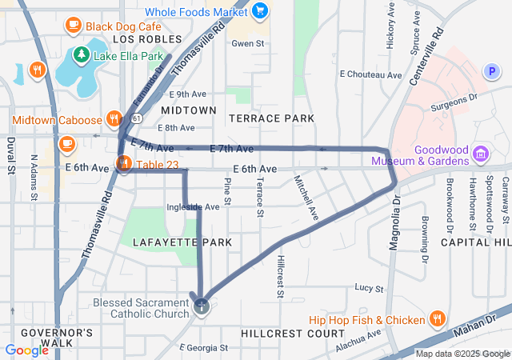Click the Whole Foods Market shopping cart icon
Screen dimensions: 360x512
pos(260,10)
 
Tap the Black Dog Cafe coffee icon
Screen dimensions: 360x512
pos(74,25)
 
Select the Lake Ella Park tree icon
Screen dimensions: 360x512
pos(80,55)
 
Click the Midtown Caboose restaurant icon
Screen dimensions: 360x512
pos(114,120)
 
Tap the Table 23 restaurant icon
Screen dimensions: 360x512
pos(124,165)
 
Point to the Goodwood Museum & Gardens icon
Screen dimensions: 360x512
pos(481,153)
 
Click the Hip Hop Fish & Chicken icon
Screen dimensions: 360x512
pos(437,320)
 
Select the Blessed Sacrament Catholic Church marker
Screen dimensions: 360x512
pos(202,306)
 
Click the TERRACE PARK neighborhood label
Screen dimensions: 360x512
pos(271,118)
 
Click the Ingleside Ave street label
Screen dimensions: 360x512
pos(192,207)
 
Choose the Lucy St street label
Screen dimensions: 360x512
pos(370,287)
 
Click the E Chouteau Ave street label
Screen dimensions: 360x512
pos(370,74)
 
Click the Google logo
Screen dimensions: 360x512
pos(26,350)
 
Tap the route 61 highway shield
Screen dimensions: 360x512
pos(138,118)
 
